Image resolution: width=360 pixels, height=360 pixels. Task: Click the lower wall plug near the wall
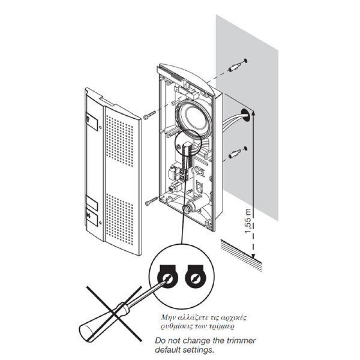pos(234,154)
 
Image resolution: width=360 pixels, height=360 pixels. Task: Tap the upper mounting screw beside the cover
pos(149,117)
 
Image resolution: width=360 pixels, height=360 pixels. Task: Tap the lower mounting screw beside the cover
pos(150,202)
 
